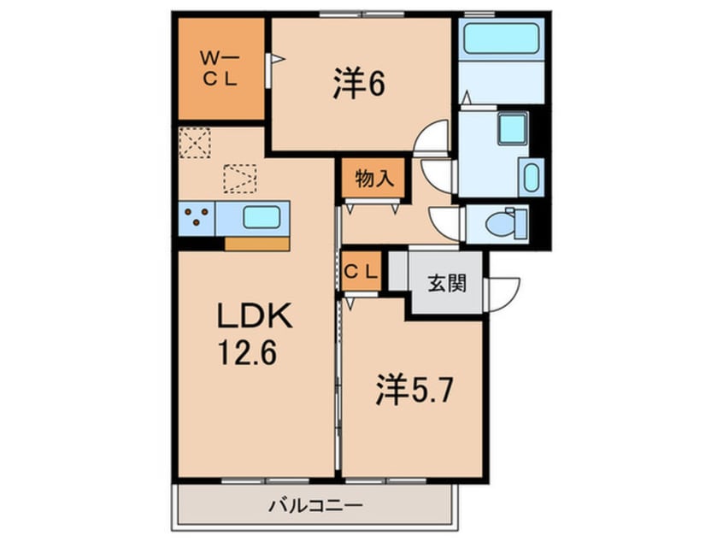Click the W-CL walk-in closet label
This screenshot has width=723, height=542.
220,69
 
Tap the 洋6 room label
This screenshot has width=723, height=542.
359,84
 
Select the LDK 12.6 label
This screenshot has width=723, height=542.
254,333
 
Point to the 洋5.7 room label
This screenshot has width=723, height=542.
414,390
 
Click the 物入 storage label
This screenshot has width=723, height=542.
374,178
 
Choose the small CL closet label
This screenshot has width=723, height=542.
361,272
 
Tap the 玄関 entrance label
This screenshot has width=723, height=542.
447,283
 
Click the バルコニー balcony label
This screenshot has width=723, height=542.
316,505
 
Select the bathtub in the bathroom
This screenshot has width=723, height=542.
501,38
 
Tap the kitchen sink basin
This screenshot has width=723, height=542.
262,217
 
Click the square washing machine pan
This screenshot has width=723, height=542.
512,127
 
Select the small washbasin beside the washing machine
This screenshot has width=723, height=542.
532,178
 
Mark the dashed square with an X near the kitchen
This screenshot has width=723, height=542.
195,143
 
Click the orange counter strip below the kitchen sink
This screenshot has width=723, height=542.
257,244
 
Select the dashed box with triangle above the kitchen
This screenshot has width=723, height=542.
240,179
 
